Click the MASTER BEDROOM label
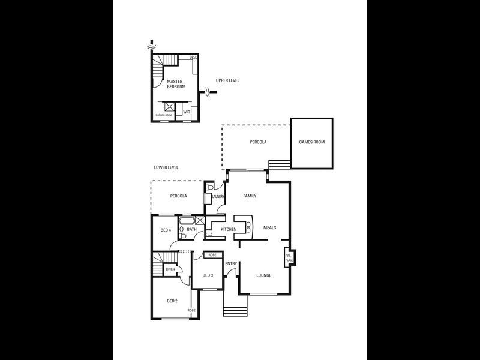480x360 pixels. click(x=175, y=83)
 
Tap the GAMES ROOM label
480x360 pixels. click(x=311, y=142)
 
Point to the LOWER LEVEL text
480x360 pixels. click(x=166, y=167)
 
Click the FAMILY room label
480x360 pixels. click(x=250, y=196)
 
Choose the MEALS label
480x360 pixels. click(x=269, y=229)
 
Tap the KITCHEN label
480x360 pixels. click(x=229, y=230)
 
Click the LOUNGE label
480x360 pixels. click(x=263, y=275)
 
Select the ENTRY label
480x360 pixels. click(x=231, y=264)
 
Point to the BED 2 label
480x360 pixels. click(x=172, y=301)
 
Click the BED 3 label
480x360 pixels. click(x=208, y=275)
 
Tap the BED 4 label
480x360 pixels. click(x=166, y=230)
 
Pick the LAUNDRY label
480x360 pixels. click(x=218, y=196)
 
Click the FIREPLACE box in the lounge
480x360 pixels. click(x=288, y=258)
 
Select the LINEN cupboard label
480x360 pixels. click(x=170, y=269)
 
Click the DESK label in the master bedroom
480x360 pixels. click(x=193, y=58)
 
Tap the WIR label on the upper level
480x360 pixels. click(x=187, y=112)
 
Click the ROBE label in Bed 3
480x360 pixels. click(x=212, y=255)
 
